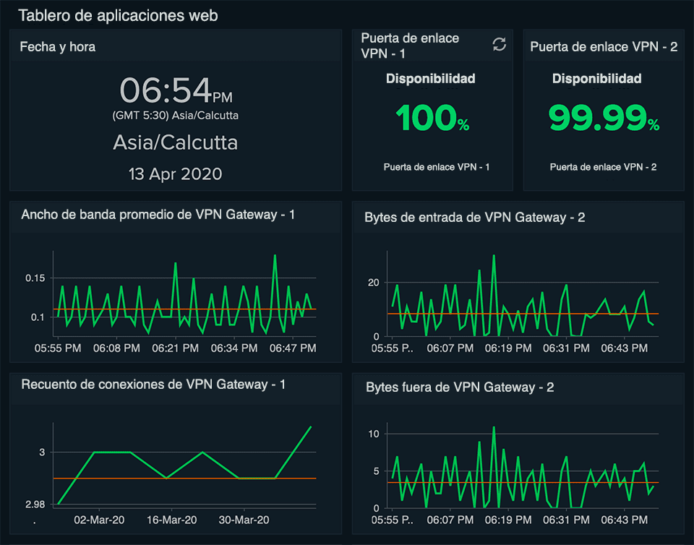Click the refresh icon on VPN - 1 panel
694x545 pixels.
coord(500,44)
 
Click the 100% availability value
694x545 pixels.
coord(432,118)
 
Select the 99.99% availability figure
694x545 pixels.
coord(604,118)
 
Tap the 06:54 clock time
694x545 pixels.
coord(176,90)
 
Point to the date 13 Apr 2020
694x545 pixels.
coord(175,174)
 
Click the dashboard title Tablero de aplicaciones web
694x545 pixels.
coord(118,15)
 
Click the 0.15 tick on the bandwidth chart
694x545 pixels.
coord(35,278)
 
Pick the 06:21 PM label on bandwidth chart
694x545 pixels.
coord(175,348)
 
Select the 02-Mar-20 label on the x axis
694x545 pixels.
coord(99,520)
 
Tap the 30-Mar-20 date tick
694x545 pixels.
coord(244,520)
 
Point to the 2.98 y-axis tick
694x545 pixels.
coord(35,505)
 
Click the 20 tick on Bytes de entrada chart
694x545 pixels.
coord(374,283)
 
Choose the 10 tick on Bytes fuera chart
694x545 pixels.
coord(374,434)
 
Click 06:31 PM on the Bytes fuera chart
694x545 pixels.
coord(566,520)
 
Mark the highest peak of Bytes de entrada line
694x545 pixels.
coord(494,255)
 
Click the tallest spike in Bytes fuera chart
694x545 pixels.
coord(494,427)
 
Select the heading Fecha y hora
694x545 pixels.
coord(58,47)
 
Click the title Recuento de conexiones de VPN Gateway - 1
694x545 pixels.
coord(153,385)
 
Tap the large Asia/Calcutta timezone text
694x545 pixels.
coord(175,142)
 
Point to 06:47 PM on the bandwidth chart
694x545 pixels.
coord(293,348)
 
